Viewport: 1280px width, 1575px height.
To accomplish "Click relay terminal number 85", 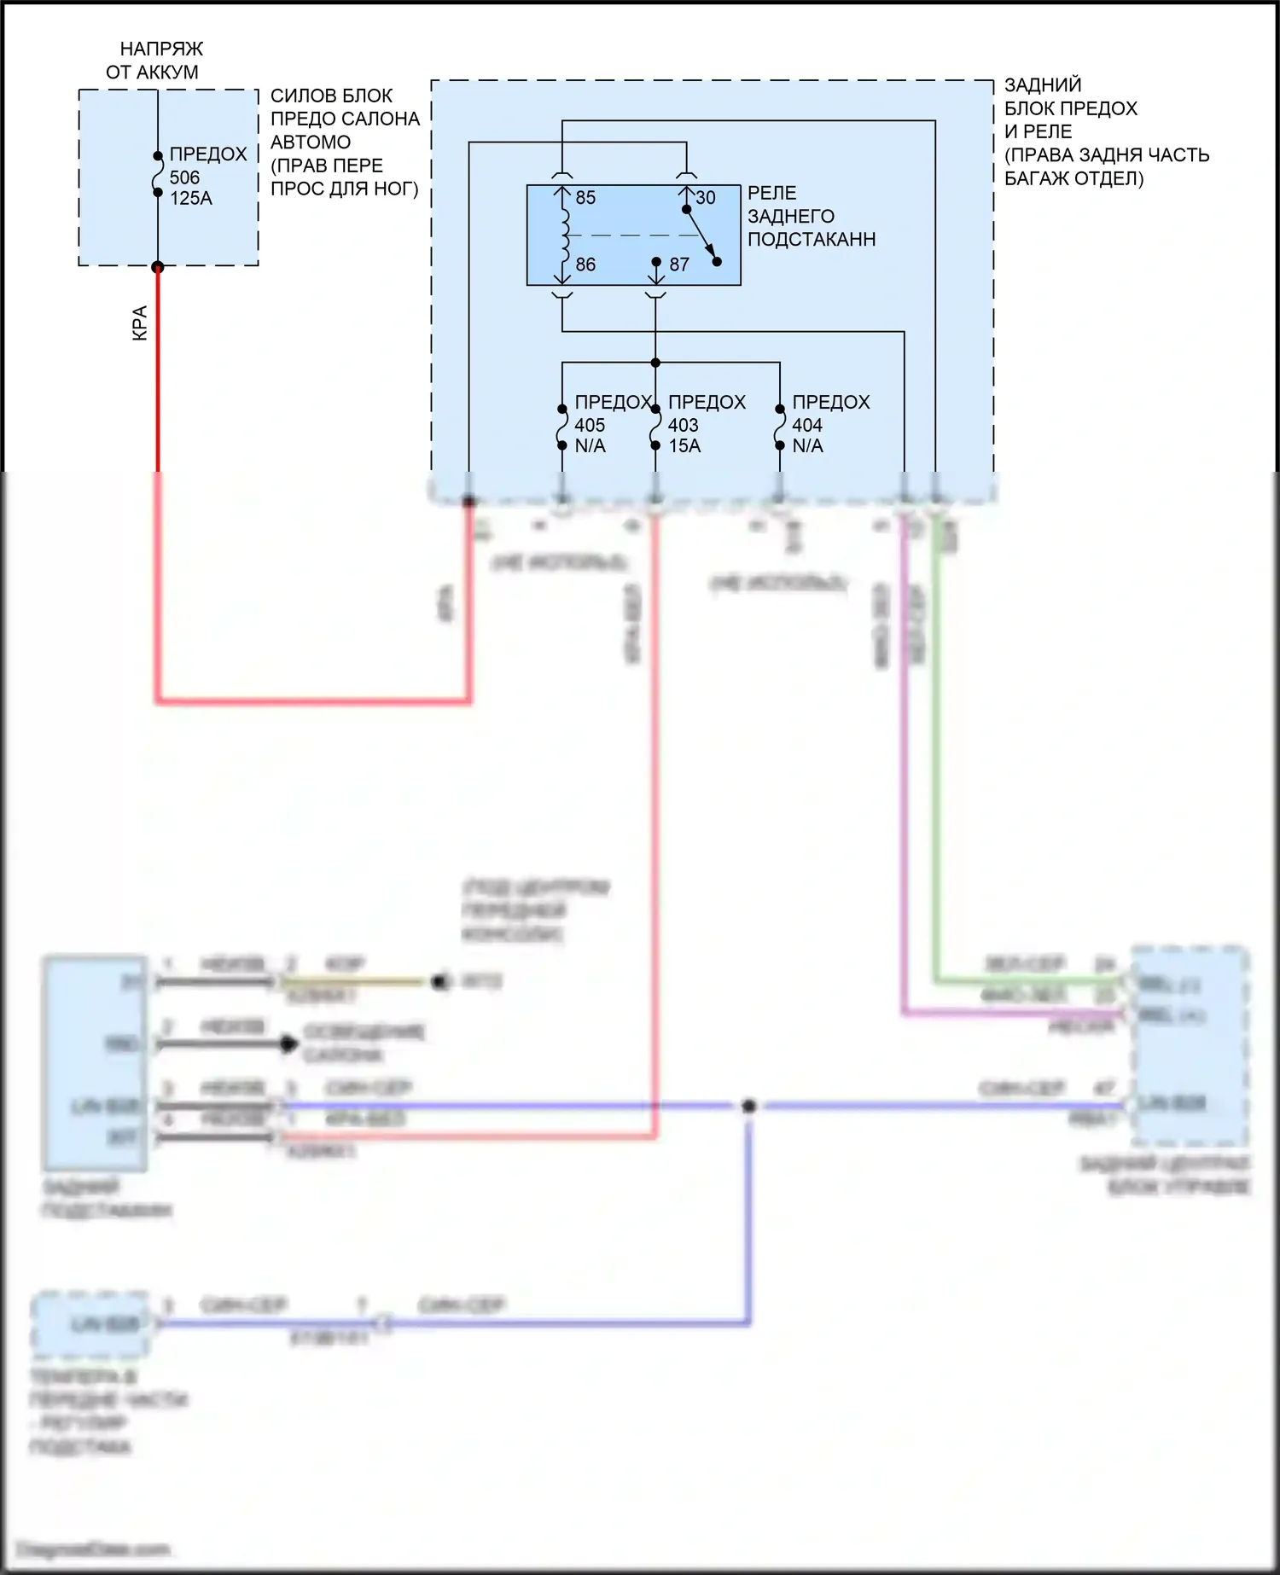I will click(x=585, y=198).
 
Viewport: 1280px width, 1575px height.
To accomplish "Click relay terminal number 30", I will click(x=706, y=198).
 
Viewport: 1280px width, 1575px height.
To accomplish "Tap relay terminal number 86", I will click(x=585, y=264).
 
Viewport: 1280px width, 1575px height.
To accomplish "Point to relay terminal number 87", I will click(x=679, y=264).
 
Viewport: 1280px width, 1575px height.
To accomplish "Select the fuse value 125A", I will click(x=191, y=198).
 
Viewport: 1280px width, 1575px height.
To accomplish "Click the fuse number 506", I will click(x=184, y=177).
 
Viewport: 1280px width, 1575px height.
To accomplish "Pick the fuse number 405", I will click(x=590, y=425).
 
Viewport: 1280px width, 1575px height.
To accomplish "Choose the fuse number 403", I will click(x=683, y=425).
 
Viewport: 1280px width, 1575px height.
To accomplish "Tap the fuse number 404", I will click(x=807, y=425).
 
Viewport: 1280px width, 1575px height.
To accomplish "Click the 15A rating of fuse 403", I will click(x=684, y=445).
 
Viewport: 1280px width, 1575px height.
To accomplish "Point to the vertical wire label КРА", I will click(x=140, y=323).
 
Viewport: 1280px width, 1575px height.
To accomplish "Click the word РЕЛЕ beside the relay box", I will click(x=771, y=193).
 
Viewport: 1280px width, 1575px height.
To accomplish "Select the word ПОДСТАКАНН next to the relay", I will click(x=812, y=239).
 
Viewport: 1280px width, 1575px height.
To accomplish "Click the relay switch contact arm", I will click(x=701, y=235).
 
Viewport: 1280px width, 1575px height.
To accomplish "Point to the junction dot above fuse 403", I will click(x=655, y=363).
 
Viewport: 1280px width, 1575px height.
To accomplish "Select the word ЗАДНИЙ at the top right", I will click(x=1043, y=85).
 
